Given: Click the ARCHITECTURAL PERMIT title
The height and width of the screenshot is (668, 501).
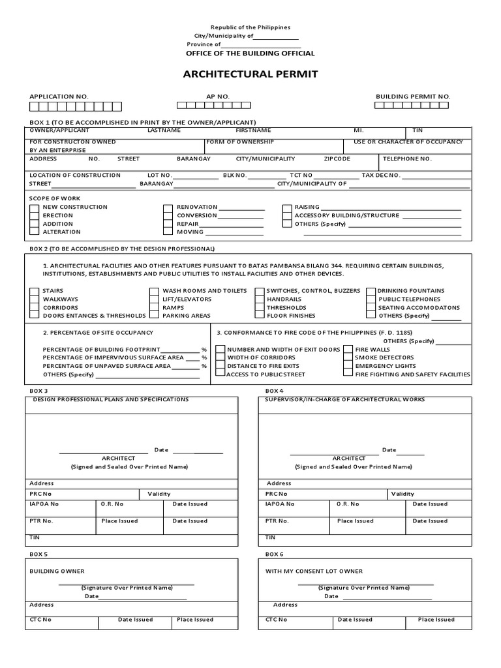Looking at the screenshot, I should click(x=250, y=74).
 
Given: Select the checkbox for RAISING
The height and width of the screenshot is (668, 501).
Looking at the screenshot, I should click(x=287, y=207).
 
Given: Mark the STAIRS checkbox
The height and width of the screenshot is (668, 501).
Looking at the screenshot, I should click(x=34, y=291).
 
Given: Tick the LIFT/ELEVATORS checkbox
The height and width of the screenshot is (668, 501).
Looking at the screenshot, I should click(x=154, y=299).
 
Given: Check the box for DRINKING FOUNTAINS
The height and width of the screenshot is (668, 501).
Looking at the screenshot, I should click(x=371, y=291).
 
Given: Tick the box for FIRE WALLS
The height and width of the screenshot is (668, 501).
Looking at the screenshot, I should click(x=348, y=350).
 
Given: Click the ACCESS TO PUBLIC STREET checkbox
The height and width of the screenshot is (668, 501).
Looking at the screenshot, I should click(x=220, y=375).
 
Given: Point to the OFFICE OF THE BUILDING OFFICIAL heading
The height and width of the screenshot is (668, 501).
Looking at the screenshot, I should click(x=250, y=53).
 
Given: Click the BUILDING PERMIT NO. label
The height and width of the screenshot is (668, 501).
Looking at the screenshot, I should click(x=413, y=97).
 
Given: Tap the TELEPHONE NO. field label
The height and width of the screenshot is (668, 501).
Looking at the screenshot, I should click(x=407, y=159).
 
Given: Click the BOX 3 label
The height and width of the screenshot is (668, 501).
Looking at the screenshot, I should click(x=38, y=390).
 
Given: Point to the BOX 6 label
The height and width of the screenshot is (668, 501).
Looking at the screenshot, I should click(x=275, y=554).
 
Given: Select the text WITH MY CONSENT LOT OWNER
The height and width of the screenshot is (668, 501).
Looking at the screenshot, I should click(x=314, y=571).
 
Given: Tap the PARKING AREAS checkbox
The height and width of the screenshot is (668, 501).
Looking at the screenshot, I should click(x=154, y=316).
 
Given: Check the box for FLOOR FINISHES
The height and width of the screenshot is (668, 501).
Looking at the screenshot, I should click(x=260, y=316).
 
